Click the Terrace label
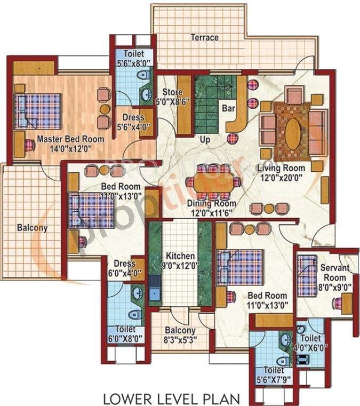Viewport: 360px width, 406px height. [205, 38]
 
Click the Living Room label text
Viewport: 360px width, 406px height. [277, 173]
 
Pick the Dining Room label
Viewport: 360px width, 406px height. [211, 208]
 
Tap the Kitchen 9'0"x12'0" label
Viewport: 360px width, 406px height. [179, 259]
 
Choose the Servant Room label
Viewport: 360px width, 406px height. [334, 273]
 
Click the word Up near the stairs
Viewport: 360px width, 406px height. [204, 139]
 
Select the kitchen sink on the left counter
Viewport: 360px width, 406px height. [155, 292]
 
